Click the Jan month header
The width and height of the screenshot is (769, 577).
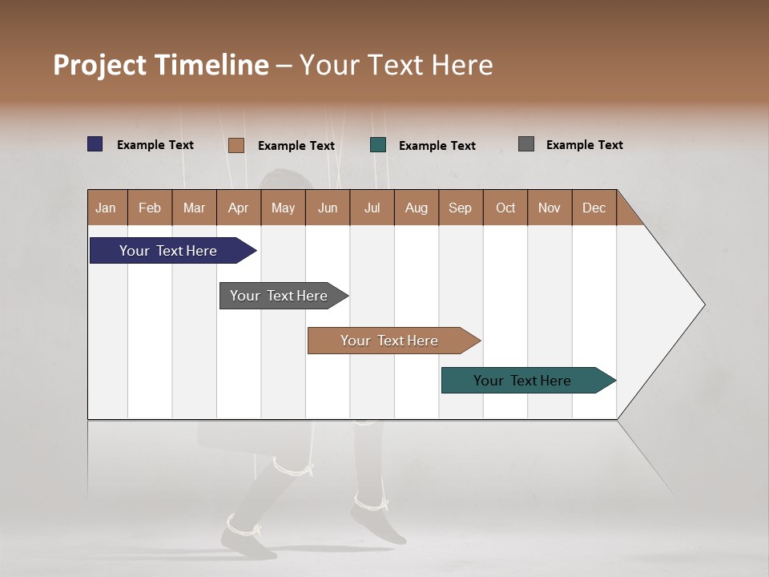click(x=106, y=208)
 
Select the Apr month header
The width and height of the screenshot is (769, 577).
click(x=238, y=208)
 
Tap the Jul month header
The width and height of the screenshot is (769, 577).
click(x=372, y=208)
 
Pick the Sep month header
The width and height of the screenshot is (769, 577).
click(x=460, y=208)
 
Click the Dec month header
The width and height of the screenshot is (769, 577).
click(x=594, y=208)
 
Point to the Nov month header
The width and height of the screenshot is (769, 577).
click(x=549, y=208)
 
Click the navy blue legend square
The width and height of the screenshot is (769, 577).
click(x=95, y=144)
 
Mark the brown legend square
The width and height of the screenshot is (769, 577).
click(x=236, y=145)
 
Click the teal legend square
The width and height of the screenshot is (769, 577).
click(x=378, y=145)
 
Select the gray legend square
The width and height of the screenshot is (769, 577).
click(x=526, y=144)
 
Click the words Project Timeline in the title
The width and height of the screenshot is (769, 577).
click(x=160, y=65)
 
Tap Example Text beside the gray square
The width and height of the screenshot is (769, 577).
click(x=584, y=145)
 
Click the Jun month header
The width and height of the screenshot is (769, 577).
click(x=327, y=208)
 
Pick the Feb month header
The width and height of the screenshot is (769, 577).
click(x=150, y=208)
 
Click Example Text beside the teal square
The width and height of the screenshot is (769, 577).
click(x=437, y=146)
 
